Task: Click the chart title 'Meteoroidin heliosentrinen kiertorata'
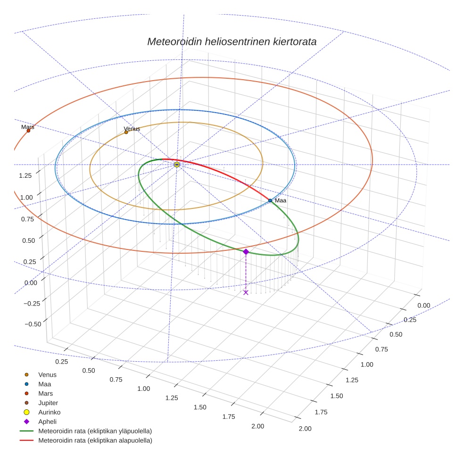pyautogui.click(x=232, y=41)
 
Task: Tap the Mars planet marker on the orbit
pyautogui.click(x=28, y=131)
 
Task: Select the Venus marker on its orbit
pyautogui.click(x=126, y=132)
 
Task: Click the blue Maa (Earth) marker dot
pyautogui.click(x=270, y=200)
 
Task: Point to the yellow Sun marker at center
pyautogui.click(x=177, y=165)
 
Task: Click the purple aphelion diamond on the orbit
pyautogui.click(x=246, y=252)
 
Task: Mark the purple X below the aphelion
pyautogui.click(x=246, y=292)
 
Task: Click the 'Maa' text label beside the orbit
pyautogui.click(x=281, y=201)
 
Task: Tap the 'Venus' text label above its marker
pyautogui.click(x=132, y=129)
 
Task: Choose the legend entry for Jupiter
pyautogui.click(x=48, y=403)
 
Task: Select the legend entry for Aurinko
pyautogui.click(x=49, y=412)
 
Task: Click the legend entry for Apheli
pyautogui.click(x=47, y=422)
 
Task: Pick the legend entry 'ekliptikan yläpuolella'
pyautogui.click(x=95, y=431)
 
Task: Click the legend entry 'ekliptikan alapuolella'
pyautogui.click(x=95, y=440)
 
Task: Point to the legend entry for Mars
pyautogui.click(x=45, y=393)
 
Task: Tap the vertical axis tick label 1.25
pyautogui.click(x=25, y=175)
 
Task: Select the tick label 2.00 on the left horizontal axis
pyautogui.click(x=258, y=426)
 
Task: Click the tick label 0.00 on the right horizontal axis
pyautogui.click(x=423, y=306)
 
